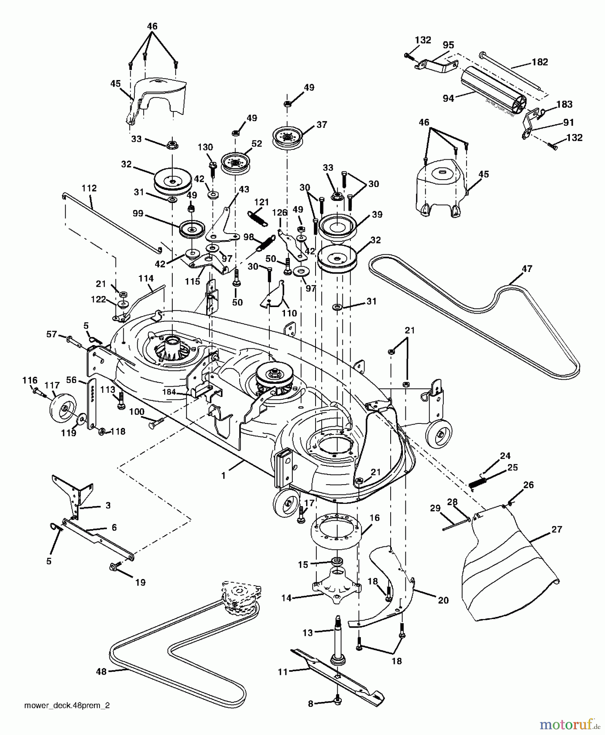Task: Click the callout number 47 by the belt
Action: point(527,269)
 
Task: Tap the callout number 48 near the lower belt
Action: point(101,671)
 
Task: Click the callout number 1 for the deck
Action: point(223,476)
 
